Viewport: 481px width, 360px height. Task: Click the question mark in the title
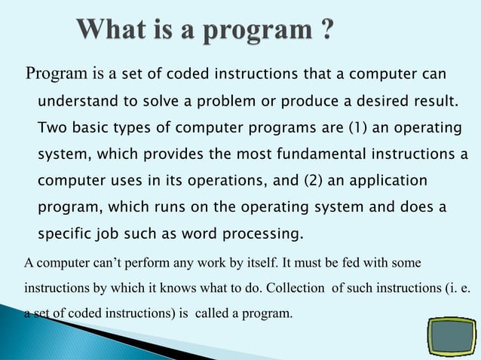(x=324, y=32)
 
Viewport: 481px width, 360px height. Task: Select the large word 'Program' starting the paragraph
(x=57, y=74)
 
